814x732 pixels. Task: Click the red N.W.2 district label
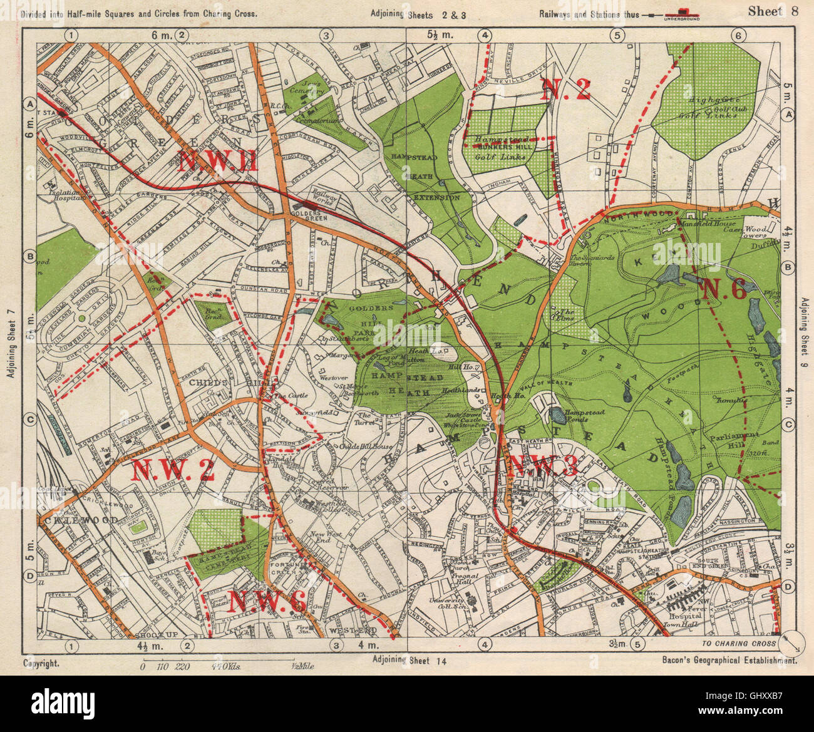pyautogui.click(x=173, y=470)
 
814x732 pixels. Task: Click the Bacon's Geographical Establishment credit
pyautogui.click(x=729, y=660)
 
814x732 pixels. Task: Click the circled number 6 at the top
pyautogui.click(x=738, y=36)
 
